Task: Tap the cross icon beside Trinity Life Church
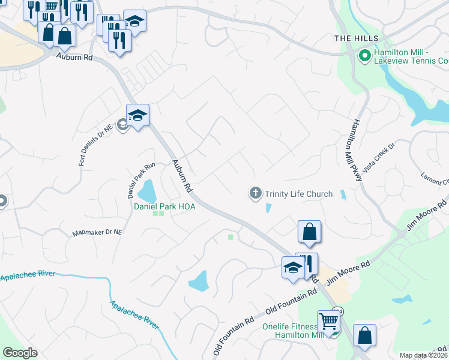coord(255,193)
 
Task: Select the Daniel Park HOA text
coord(164,206)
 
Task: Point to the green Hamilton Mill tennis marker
coord(364,56)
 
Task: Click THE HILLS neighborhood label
coord(357,38)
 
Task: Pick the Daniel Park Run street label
coord(133,180)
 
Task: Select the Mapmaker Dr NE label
coord(97,232)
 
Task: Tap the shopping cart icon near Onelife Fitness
coord(328,321)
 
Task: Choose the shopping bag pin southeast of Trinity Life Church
coord(309,232)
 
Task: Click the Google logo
coord(20,353)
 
